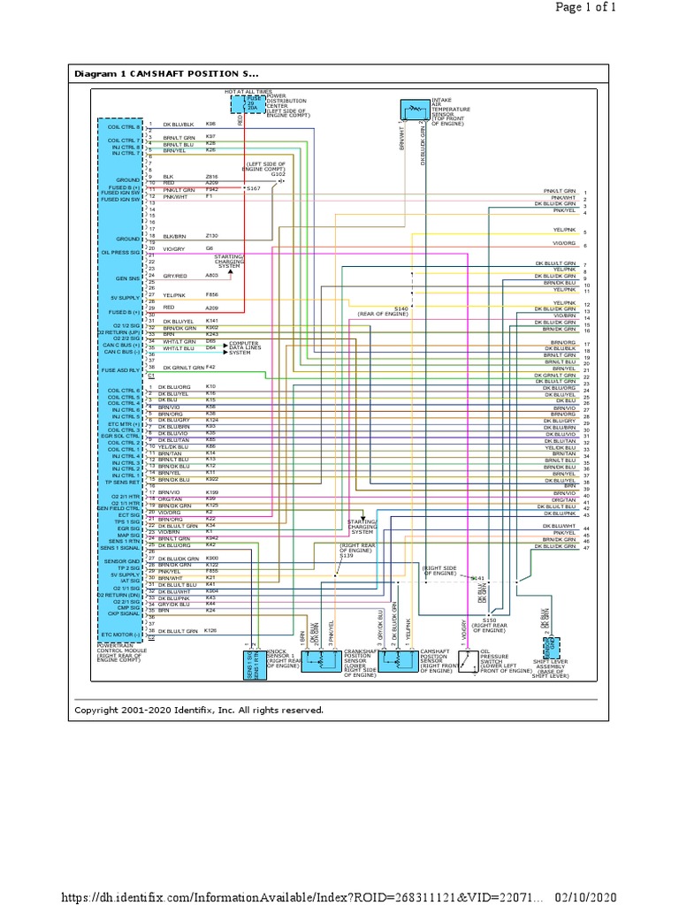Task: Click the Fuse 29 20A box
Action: (251, 104)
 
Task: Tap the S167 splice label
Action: (254, 188)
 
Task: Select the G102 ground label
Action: (278, 174)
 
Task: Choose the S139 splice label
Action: (346, 555)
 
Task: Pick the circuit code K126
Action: (211, 631)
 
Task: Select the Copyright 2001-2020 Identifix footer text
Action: (199, 710)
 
